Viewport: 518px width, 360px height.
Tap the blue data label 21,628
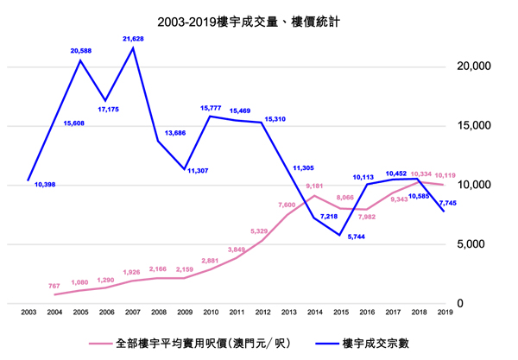tap(134, 38)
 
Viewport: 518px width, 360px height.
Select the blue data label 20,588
tap(81, 52)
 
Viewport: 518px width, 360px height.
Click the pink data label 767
tap(54, 286)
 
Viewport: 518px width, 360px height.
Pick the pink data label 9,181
tap(314, 186)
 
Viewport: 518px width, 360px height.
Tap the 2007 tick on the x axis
tap(134, 312)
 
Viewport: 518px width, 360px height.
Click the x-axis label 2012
tap(263, 312)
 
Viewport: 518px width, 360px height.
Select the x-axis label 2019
tap(444, 312)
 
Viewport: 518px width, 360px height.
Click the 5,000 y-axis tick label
tap(476, 244)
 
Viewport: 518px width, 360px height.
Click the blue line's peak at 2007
tap(134, 47)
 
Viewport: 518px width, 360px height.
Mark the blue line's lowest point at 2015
tap(341, 235)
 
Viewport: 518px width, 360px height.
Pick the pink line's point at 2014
tap(315, 196)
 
